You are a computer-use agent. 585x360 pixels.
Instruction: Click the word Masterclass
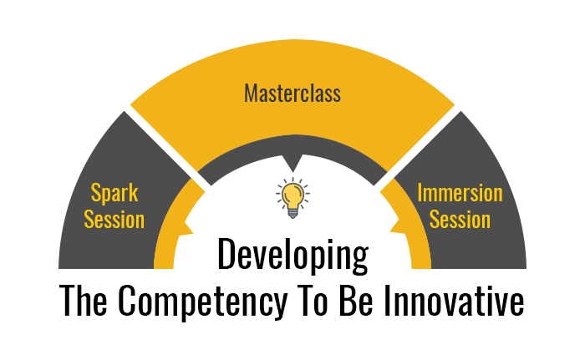tap(292, 93)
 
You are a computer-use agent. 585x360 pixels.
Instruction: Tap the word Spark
tap(114, 194)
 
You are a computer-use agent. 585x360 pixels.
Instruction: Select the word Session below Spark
tap(114, 220)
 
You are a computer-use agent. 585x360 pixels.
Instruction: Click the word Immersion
tap(460, 193)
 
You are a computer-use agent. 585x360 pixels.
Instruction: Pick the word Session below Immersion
tap(460, 220)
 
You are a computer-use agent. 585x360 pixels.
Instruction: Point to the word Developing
tap(292, 256)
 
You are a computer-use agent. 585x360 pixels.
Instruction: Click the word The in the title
tap(84, 301)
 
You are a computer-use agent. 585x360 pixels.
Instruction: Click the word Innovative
tap(454, 301)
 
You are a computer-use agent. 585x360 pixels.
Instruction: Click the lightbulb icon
tap(292, 198)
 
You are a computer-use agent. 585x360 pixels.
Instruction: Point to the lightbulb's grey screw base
tap(292, 213)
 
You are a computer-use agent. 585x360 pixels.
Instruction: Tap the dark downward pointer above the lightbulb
tap(292, 163)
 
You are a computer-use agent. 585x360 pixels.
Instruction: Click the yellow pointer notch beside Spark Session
tap(186, 227)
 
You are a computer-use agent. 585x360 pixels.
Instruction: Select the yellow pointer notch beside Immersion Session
tap(398, 227)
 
